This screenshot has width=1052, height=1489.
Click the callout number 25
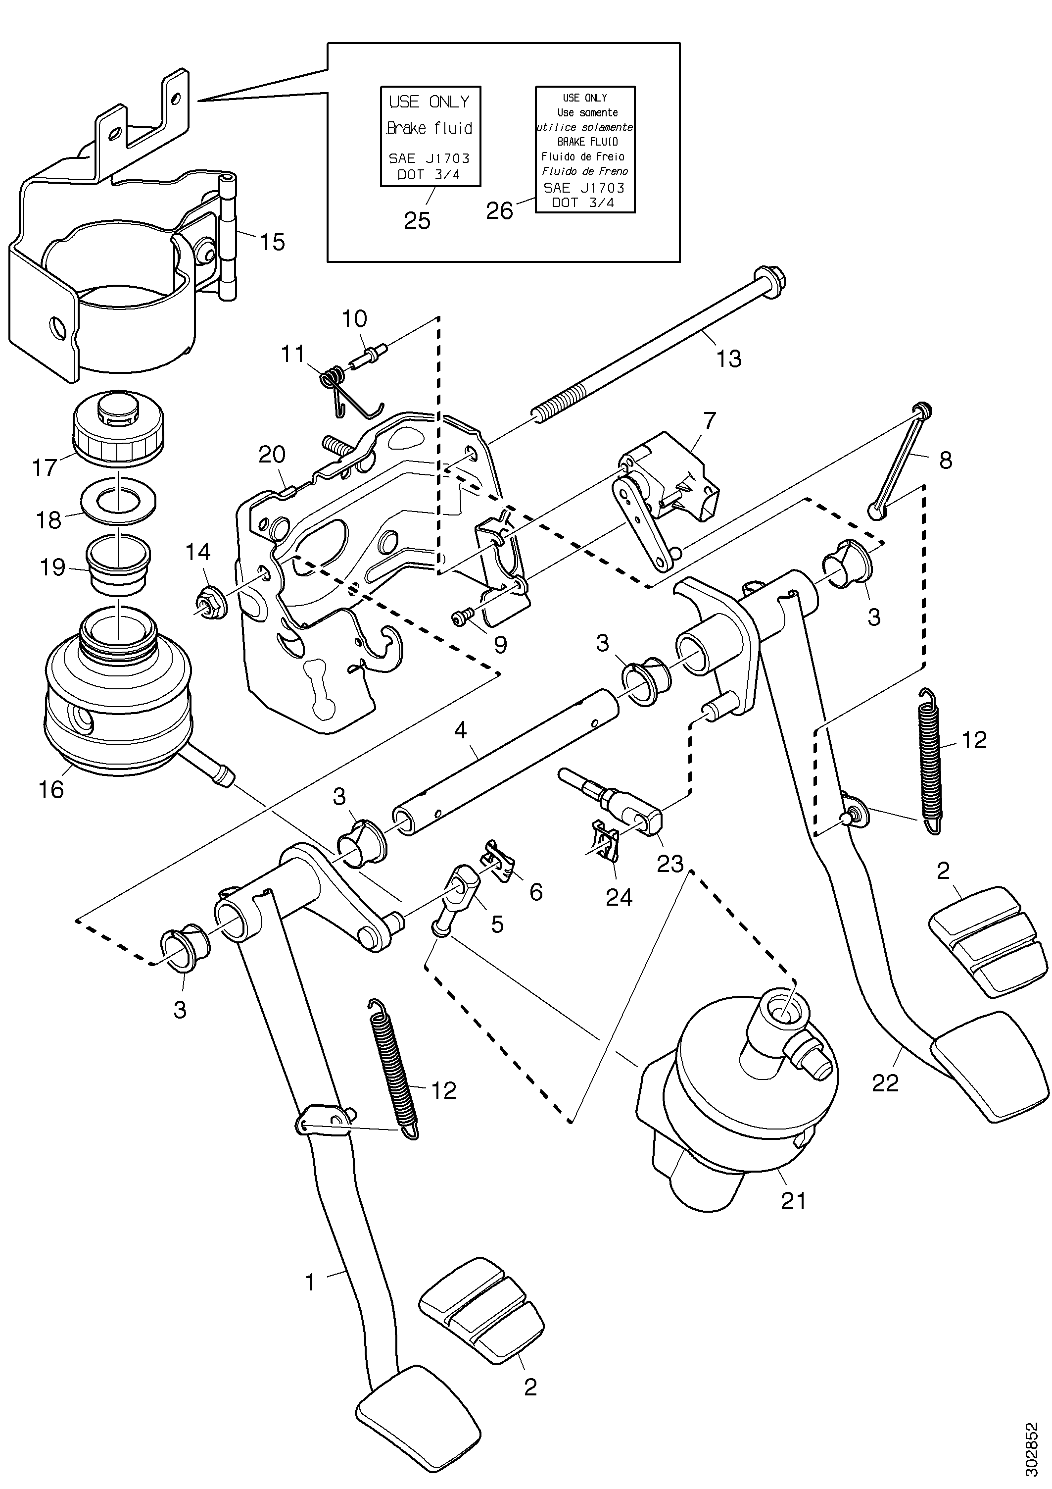[418, 221]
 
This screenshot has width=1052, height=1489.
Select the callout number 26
[500, 211]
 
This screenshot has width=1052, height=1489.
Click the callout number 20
[272, 455]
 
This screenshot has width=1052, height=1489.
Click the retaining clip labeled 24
[605, 841]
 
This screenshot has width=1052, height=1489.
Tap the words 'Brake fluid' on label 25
[429, 128]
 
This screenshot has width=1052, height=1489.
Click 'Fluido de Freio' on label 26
[583, 156]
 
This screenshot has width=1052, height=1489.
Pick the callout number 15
[272, 242]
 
